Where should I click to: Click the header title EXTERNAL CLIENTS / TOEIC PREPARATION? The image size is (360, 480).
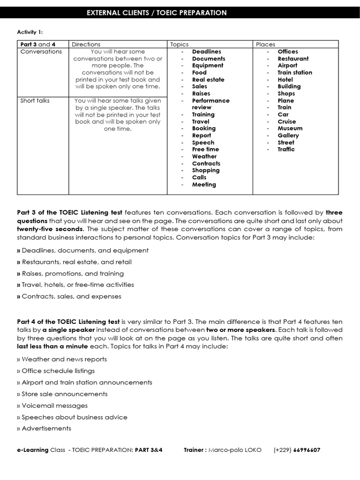(x=157, y=13)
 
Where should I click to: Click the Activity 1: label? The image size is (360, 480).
(x=30, y=32)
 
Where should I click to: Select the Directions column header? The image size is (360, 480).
(x=86, y=44)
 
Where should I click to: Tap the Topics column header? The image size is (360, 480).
(x=179, y=44)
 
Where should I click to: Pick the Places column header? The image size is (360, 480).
(x=265, y=44)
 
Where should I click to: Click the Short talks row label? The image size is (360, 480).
(x=35, y=100)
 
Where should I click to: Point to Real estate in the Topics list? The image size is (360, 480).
(x=208, y=80)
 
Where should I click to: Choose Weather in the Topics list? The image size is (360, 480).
(x=204, y=157)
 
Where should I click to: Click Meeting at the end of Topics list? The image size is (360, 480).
(x=204, y=185)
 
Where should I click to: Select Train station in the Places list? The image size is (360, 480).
(x=294, y=73)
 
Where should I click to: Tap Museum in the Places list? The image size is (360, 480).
(x=290, y=128)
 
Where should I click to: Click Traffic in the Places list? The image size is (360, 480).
(x=286, y=150)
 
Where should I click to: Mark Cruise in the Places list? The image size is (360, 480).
(x=286, y=121)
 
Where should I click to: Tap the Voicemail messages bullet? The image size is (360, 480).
(x=54, y=405)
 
